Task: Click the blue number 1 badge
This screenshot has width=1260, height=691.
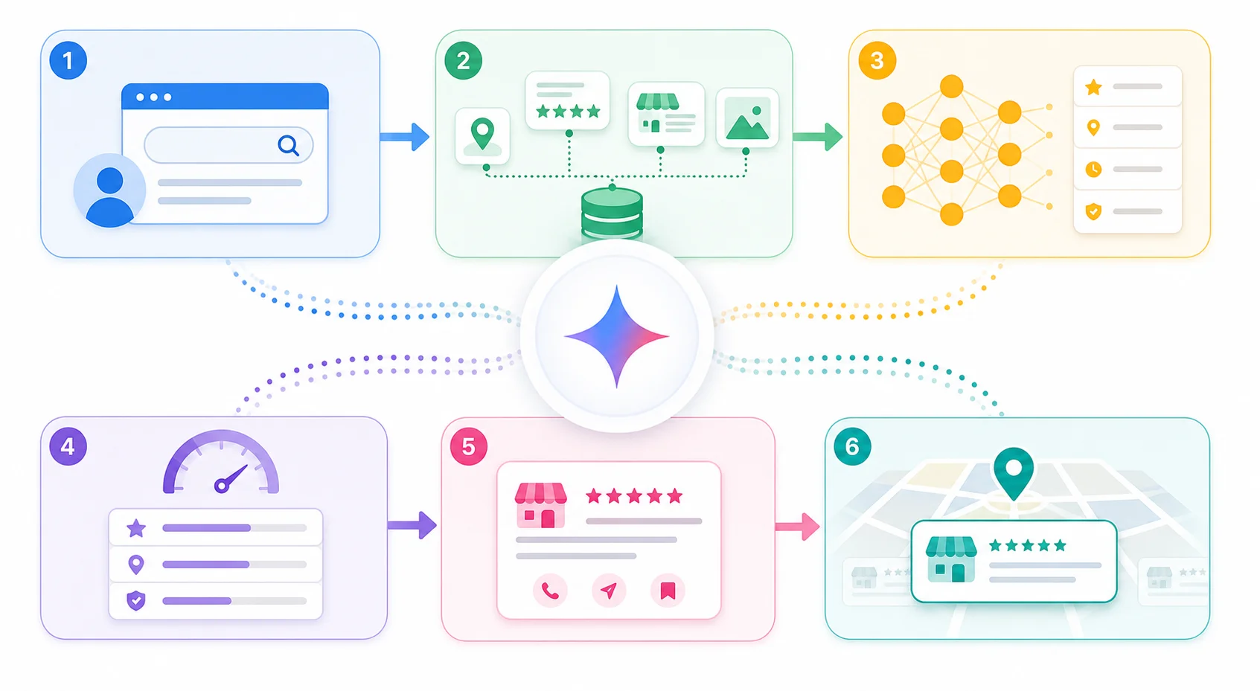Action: click(x=68, y=60)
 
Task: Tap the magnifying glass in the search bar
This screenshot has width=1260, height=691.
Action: click(x=289, y=146)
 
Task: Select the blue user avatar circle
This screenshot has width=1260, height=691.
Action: click(x=109, y=190)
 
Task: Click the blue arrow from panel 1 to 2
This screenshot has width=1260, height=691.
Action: click(x=405, y=137)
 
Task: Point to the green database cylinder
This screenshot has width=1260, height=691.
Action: click(x=612, y=214)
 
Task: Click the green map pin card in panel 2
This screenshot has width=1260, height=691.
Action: click(x=482, y=137)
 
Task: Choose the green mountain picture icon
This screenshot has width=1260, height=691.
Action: click(x=747, y=118)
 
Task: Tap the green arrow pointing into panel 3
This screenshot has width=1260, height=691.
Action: click(x=818, y=137)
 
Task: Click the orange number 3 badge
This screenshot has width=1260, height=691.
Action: click(x=877, y=60)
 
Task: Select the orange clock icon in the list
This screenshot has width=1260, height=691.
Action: click(x=1093, y=170)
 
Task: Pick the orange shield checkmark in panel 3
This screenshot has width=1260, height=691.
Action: click(x=1093, y=211)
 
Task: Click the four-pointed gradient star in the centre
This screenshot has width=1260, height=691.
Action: click(x=617, y=337)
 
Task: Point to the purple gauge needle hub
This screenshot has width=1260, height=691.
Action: click(x=222, y=485)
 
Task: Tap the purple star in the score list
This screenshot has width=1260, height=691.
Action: click(x=136, y=528)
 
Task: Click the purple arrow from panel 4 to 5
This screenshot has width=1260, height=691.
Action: click(x=412, y=525)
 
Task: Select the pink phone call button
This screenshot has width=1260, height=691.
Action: click(x=550, y=591)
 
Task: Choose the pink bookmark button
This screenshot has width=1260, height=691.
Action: click(x=668, y=591)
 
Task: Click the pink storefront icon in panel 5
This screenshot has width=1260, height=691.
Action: click(x=541, y=506)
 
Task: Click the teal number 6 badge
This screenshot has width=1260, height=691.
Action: click(x=852, y=447)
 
